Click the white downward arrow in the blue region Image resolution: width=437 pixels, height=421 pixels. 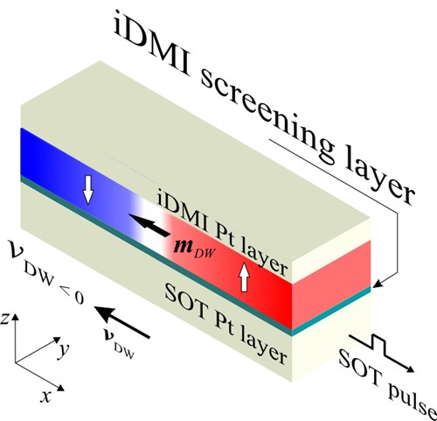pos(88,190)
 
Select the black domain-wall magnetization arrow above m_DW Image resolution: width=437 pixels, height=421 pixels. pos(149,224)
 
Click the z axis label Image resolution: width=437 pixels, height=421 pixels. pos(4,319)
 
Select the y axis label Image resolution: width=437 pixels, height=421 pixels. pos(63,349)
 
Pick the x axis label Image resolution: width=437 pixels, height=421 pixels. pos(45,396)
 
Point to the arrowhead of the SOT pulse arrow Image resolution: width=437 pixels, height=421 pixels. pos(408,368)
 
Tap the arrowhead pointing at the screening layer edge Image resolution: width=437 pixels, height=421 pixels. pos(378,284)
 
